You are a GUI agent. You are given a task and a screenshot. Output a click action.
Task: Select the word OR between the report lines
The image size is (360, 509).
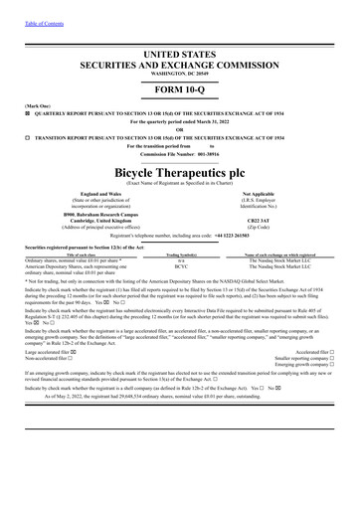coord(180,128)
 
